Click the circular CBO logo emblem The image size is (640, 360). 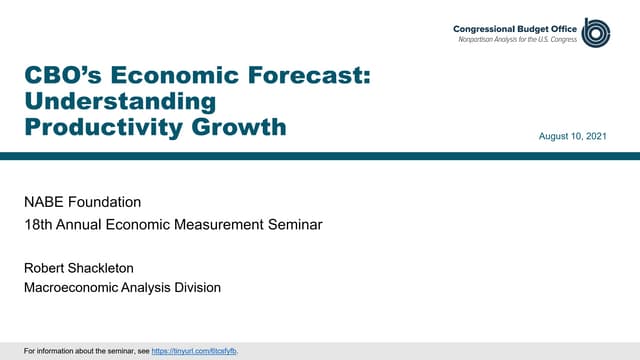(x=598, y=32)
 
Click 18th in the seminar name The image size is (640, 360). (x=38, y=225)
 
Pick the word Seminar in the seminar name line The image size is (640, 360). (x=293, y=225)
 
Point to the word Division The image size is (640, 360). (x=194, y=288)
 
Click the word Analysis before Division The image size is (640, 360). (x=146, y=288)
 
